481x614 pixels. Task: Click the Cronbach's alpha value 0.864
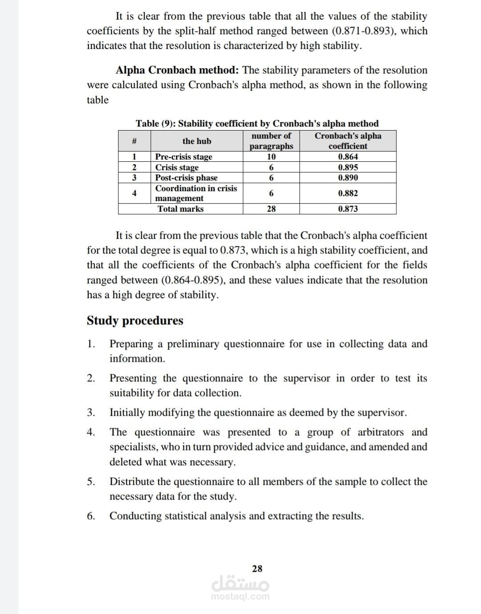pyautogui.click(x=348, y=157)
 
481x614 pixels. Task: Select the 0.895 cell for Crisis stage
pyautogui.click(x=348, y=168)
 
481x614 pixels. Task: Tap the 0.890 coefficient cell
pyautogui.click(x=348, y=178)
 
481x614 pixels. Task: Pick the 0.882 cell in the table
pyautogui.click(x=348, y=193)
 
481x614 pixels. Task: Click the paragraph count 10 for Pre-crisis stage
pyautogui.click(x=271, y=157)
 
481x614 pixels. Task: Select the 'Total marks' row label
pyautogui.click(x=180, y=209)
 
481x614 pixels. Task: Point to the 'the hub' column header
pyautogui.click(x=197, y=141)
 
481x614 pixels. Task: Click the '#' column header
pyautogui.click(x=134, y=141)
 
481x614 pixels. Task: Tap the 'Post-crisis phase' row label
pyautogui.click(x=186, y=178)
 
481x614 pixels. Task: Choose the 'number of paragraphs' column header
pyautogui.click(x=271, y=141)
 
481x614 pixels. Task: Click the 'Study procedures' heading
pyautogui.click(x=135, y=320)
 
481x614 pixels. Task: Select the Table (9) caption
pyautogui.click(x=257, y=123)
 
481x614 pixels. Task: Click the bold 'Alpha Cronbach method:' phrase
pyautogui.click(x=178, y=70)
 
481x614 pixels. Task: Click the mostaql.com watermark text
pyautogui.click(x=240, y=597)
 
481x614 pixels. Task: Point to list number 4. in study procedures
pyautogui.click(x=91, y=432)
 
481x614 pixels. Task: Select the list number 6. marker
pyautogui.click(x=91, y=516)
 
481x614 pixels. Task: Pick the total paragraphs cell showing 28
pyautogui.click(x=271, y=209)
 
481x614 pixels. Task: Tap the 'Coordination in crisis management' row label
pyautogui.click(x=196, y=193)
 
